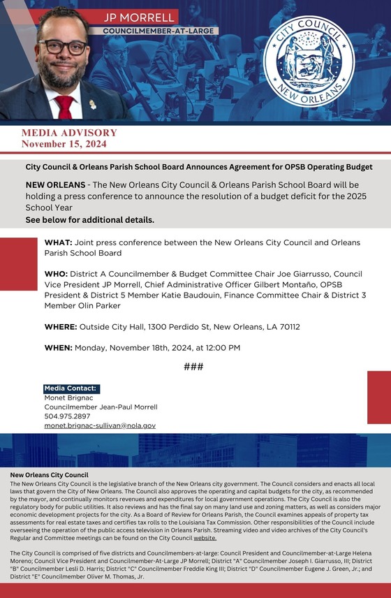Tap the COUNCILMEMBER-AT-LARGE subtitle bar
click(x=160, y=31)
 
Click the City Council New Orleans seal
click(x=308, y=59)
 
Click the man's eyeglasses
click(x=63, y=48)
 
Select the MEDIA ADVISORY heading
click(x=69, y=133)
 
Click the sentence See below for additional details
click(x=89, y=219)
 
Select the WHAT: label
click(x=58, y=242)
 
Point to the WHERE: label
click(x=61, y=326)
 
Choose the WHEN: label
click(x=58, y=347)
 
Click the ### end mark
click(x=193, y=367)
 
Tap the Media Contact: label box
click(x=71, y=388)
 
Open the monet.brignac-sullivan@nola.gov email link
click(x=100, y=425)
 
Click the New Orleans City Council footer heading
click(x=50, y=474)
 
